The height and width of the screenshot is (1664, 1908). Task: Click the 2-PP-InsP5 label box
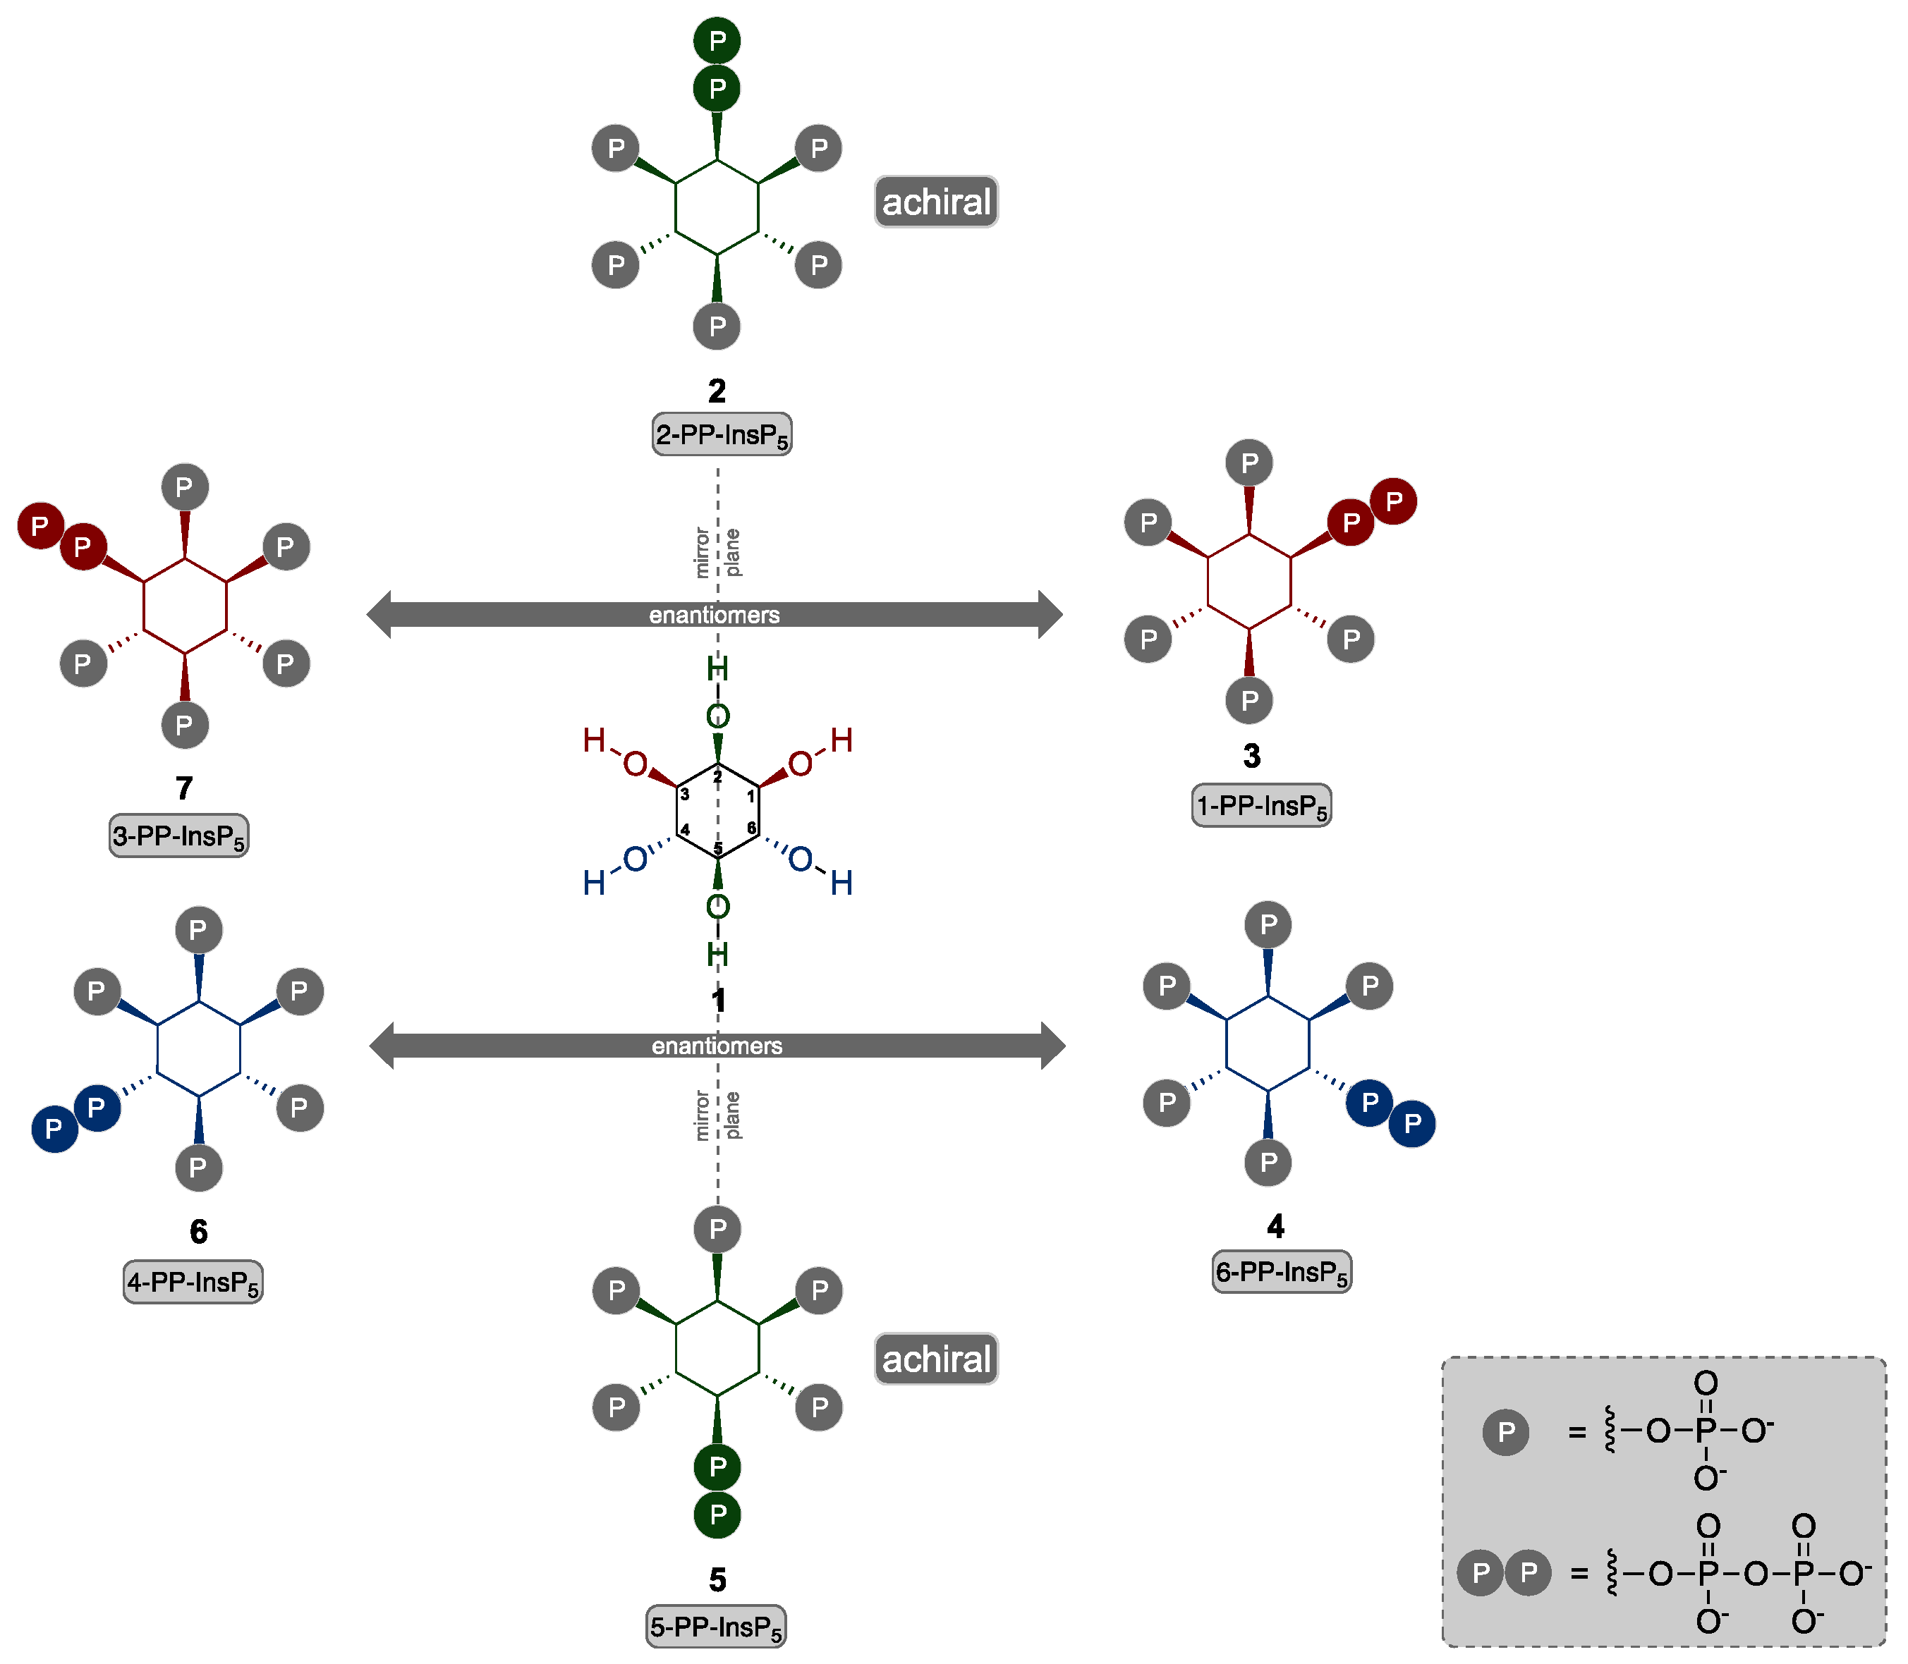point(722,434)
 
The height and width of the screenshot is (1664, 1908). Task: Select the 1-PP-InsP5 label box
point(1260,806)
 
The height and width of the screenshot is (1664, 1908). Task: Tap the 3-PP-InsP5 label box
point(178,836)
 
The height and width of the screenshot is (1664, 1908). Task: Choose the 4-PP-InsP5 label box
point(193,1283)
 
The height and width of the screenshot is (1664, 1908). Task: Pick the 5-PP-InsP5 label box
point(715,1627)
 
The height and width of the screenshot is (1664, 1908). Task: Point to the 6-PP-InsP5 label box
point(1281,1272)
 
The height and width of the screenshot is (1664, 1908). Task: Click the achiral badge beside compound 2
point(935,202)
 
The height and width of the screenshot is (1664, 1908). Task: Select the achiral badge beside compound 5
point(935,1359)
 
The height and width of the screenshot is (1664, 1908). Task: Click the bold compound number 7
point(184,788)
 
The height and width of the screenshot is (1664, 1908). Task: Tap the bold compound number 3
point(1251,756)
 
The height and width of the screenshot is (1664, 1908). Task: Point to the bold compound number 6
point(198,1232)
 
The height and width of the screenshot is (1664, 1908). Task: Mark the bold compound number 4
point(1275,1227)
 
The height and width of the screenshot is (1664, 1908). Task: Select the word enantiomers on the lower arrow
point(716,1046)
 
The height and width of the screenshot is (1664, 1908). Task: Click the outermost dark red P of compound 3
point(1392,501)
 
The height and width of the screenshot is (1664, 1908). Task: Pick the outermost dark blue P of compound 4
point(1411,1124)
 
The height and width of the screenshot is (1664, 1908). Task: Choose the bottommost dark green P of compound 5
point(717,1515)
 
